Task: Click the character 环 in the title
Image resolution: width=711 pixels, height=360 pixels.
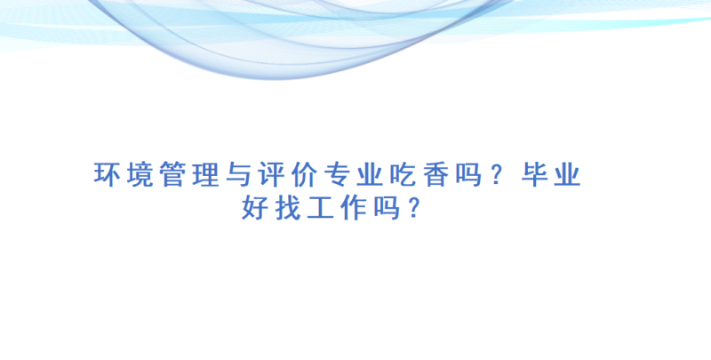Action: (x=106, y=174)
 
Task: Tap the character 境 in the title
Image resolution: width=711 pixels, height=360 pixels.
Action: (x=140, y=174)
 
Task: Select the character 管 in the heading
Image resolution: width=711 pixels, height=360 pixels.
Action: (x=172, y=174)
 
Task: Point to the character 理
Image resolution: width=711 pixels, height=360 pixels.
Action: (x=206, y=174)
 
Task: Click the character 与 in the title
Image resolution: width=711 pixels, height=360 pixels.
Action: (x=238, y=174)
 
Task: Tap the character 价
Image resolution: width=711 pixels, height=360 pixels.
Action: (x=304, y=174)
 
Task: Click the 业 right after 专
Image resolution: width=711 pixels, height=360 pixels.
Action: (x=370, y=174)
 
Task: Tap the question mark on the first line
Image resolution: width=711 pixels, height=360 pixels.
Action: (x=498, y=174)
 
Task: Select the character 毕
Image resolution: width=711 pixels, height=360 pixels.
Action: (x=535, y=174)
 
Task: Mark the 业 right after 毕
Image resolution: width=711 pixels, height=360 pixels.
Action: (x=568, y=174)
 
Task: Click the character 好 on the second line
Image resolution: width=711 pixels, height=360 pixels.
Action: (x=255, y=208)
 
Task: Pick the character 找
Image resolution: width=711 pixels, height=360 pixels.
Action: (x=287, y=208)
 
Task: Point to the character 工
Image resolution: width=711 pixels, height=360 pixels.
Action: (x=321, y=208)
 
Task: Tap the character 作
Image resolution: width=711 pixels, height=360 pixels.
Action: (x=353, y=208)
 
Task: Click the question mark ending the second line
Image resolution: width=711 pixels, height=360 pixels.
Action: (x=413, y=208)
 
